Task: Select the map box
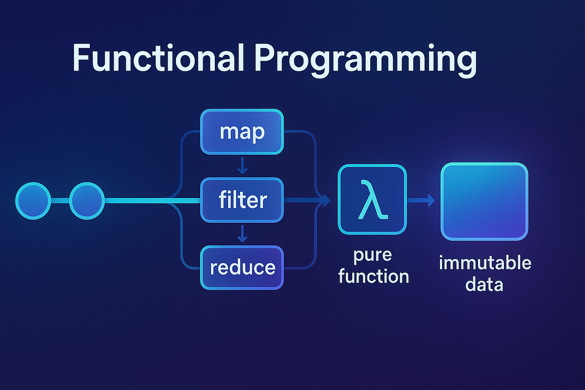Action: (x=242, y=132)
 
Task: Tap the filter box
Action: (x=242, y=200)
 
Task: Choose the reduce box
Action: (x=242, y=268)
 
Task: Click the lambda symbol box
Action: (x=372, y=199)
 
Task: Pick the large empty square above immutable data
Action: (x=484, y=201)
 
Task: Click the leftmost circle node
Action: (x=33, y=201)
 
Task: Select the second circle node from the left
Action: (x=86, y=201)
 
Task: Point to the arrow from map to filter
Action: (x=242, y=166)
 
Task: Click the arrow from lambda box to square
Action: (x=421, y=201)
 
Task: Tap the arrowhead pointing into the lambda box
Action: (x=325, y=201)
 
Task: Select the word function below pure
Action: (x=374, y=276)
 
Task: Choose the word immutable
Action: (x=485, y=263)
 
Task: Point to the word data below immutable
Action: (x=484, y=285)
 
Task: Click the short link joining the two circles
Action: (x=60, y=201)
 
